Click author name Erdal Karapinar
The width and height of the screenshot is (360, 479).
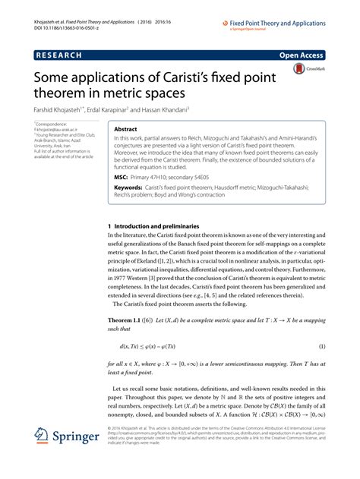[x=126, y=109]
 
